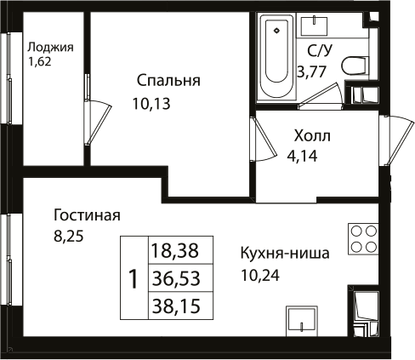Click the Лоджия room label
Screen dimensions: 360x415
(x=50, y=47)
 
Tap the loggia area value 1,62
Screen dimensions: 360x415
(x=40, y=62)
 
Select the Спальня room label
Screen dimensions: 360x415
(x=168, y=81)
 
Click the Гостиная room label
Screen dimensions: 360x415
(x=87, y=215)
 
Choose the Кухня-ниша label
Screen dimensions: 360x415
(x=285, y=253)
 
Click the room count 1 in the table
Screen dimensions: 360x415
(x=133, y=277)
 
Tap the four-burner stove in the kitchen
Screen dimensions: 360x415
(x=363, y=238)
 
